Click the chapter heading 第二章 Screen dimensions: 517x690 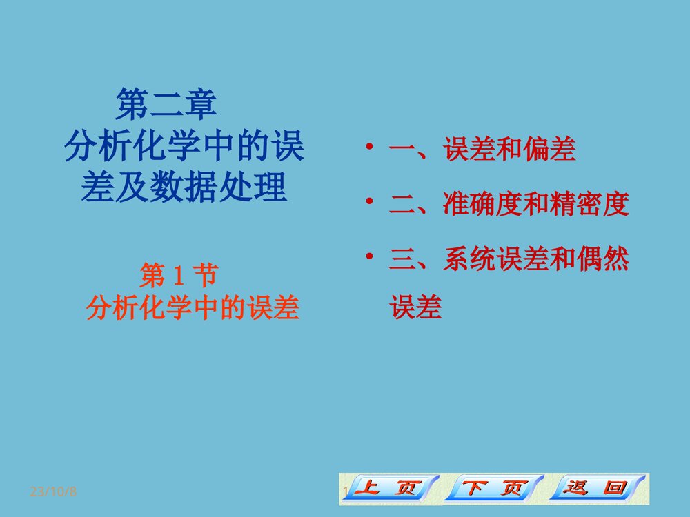click(x=166, y=105)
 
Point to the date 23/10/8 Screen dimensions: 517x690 click(x=53, y=492)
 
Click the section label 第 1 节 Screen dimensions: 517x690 click(x=178, y=277)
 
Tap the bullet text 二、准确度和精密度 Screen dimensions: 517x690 click(x=509, y=205)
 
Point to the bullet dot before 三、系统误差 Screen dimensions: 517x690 click(x=370, y=256)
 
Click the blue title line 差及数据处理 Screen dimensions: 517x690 click(x=184, y=187)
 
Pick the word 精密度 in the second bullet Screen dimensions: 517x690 click(x=590, y=205)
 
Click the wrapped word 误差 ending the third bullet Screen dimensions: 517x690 click(x=415, y=307)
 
